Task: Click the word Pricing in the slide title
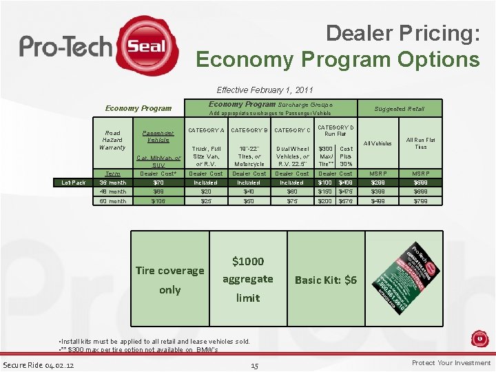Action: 436,32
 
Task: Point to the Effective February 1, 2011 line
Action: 265,90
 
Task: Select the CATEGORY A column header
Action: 206,130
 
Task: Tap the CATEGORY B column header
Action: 249,130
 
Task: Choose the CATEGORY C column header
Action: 291,130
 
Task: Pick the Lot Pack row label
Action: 73,183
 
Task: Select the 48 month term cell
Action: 112,192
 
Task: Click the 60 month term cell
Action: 112,201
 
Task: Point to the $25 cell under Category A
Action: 206,201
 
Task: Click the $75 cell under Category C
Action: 291,201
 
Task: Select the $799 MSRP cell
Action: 420,201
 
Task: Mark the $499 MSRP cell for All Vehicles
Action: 378,201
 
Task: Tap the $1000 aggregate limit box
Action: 247,279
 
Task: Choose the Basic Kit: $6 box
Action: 326,280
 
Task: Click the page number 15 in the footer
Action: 254,365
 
